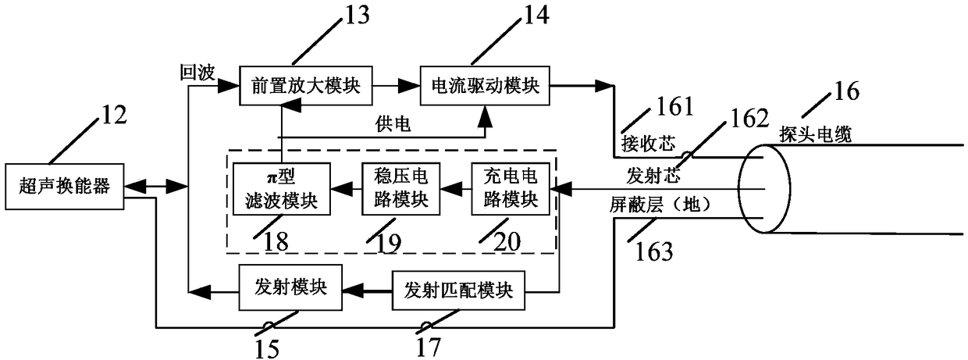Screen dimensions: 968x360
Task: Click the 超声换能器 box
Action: (65, 187)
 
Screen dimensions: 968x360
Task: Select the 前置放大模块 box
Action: (306, 86)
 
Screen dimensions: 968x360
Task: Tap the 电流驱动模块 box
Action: (485, 86)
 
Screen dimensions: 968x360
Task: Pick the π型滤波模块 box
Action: (282, 189)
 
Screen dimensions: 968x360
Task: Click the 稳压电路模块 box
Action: (401, 189)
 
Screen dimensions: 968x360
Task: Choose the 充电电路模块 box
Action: (511, 189)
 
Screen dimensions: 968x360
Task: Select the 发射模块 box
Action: (290, 287)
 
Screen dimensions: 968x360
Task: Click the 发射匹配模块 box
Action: (458, 290)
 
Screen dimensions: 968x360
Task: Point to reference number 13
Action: (357, 15)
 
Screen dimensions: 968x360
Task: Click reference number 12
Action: (114, 115)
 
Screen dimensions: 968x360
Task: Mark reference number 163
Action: (654, 252)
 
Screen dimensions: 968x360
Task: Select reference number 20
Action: (507, 241)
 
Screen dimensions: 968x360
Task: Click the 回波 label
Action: (198, 73)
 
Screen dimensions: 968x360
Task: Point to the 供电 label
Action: (393, 124)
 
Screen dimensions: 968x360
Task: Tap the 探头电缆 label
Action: (816, 134)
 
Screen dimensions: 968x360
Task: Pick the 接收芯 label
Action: (648, 143)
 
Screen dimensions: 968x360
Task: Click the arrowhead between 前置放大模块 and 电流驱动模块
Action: (409, 86)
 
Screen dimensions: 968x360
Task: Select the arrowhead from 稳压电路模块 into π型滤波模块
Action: (341, 189)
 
